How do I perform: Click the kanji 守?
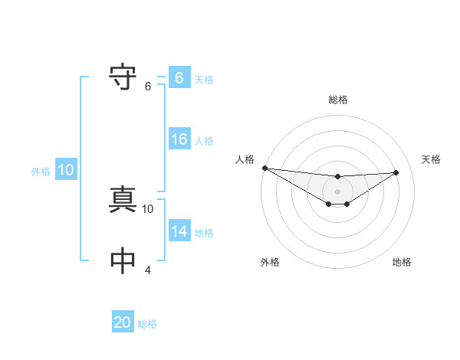coord(123,77)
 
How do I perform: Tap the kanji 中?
coord(123,261)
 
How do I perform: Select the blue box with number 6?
coord(179,77)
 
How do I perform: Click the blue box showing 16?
coord(179,139)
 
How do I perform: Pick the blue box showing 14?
coord(179,231)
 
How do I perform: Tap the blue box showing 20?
coord(123,322)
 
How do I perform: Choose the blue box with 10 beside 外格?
coord(65,170)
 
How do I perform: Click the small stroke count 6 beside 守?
coord(148,87)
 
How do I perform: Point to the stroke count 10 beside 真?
coord(148,208)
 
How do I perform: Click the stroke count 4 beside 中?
coord(148,270)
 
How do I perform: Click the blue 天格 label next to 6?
coord(204,79)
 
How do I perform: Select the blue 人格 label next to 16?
coord(204,141)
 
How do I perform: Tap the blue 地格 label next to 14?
coord(204,233)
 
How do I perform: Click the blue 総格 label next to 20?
coord(147,324)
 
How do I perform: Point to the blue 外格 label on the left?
coord(41,172)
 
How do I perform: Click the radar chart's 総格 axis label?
coord(338,100)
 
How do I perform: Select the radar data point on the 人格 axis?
coord(264,168)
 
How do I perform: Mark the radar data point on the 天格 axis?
coord(396,172)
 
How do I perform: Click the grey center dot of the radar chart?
coord(338,191)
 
